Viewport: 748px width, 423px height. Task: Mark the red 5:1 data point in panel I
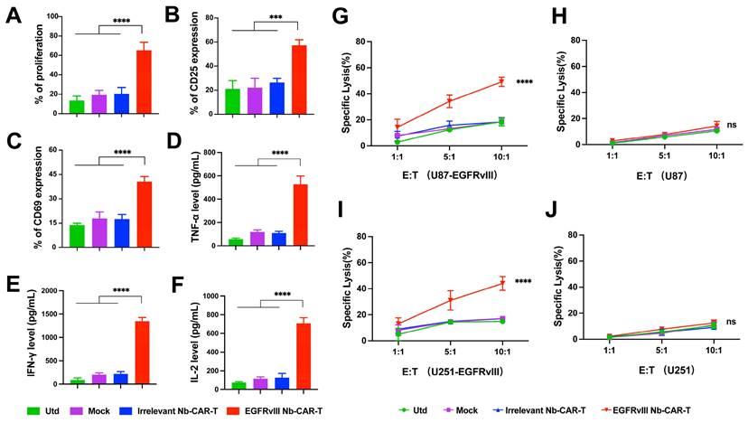449,300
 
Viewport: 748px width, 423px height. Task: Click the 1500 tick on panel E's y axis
46,290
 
